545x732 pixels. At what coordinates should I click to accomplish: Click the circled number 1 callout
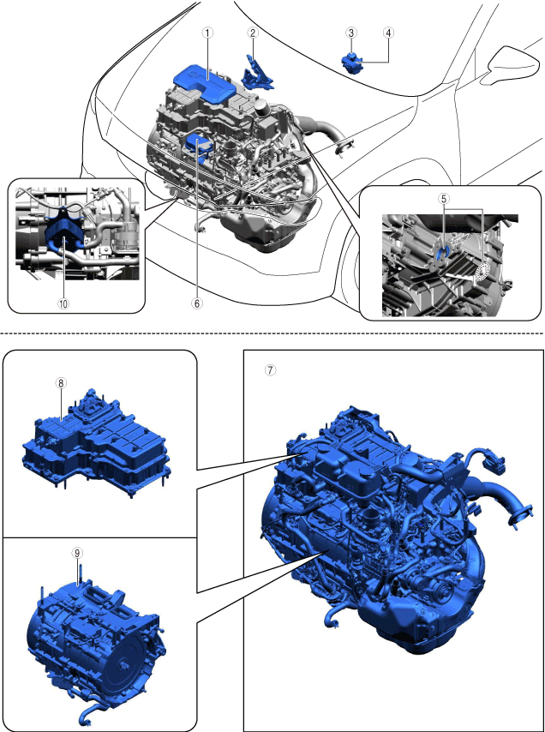point(207,33)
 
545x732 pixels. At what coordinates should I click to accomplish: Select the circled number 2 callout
point(253,33)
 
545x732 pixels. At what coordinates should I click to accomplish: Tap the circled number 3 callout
point(350,33)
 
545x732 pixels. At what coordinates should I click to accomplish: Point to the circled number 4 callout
point(389,33)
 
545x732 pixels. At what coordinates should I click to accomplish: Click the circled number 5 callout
point(444,198)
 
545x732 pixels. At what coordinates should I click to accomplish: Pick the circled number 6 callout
point(196,303)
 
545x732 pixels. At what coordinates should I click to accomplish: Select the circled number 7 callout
point(270,370)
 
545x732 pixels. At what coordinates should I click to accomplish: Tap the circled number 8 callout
point(61,383)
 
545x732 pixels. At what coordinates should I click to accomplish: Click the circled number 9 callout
point(77,553)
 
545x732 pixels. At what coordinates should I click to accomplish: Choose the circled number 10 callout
point(63,303)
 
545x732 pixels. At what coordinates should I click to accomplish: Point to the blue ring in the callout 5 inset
point(443,253)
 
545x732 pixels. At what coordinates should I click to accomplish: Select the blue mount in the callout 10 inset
point(63,232)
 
